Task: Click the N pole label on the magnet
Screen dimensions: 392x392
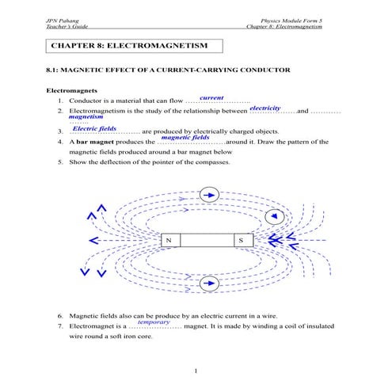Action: tap(169, 239)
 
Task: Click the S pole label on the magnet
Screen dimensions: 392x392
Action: tap(242, 239)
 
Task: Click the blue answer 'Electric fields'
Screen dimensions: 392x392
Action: tap(95, 127)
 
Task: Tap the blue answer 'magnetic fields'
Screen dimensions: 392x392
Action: tap(185, 137)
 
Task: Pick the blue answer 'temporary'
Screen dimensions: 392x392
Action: tap(154, 322)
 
